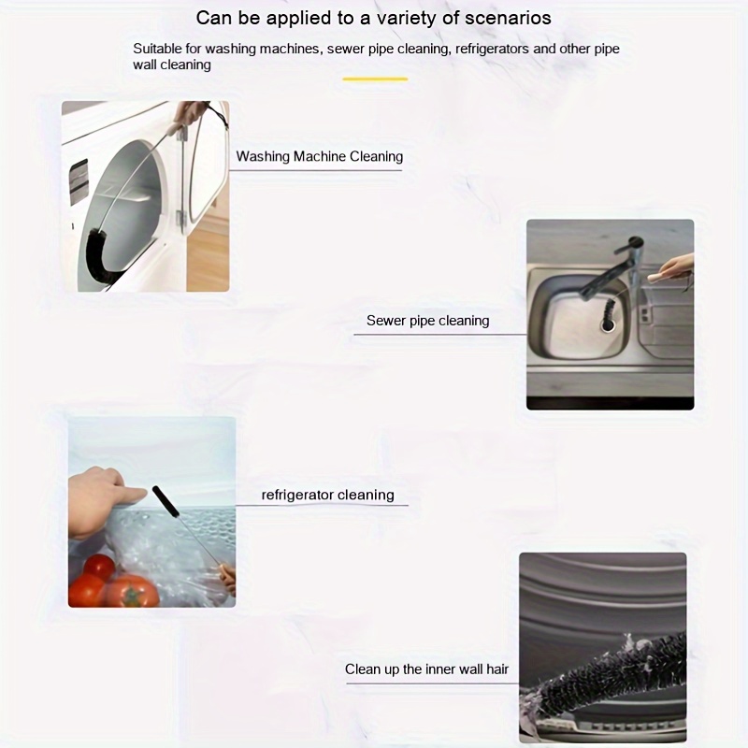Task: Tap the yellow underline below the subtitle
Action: pyautogui.click(x=375, y=79)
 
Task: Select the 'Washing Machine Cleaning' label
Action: pyautogui.click(x=319, y=156)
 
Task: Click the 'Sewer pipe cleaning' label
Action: pyautogui.click(x=427, y=321)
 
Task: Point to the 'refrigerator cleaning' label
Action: pyautogui.click(x=327, y=495)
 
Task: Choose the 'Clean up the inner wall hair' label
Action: pyautogui.click(x=426, y=669)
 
